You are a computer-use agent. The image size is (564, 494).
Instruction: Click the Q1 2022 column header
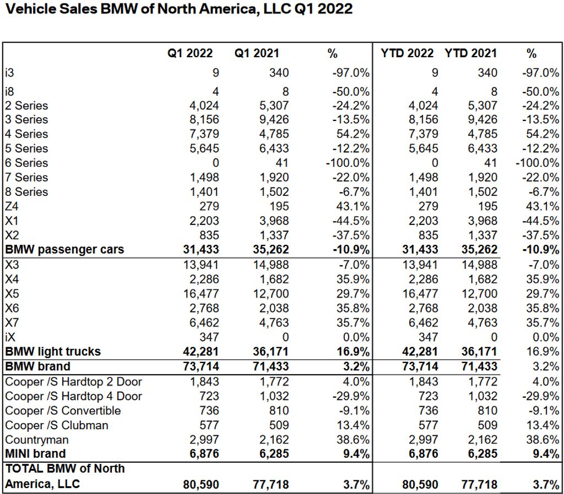[x=191, y=53]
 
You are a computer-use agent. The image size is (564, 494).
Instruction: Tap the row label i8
[x=10, y=91]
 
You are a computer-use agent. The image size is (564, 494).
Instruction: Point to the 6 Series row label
[x=26, y=163]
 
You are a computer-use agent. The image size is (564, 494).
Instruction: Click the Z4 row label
[x=12, y=206]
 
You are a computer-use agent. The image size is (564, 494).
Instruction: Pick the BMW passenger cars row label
[x=64, y=249]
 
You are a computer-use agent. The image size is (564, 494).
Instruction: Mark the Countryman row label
[x=36, y=440]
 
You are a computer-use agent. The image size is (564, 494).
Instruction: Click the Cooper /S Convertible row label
[x=63, y=410]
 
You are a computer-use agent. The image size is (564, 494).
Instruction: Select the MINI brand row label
[x=35, y=454]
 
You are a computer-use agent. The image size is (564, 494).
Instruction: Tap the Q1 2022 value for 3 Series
[x=203, y=119]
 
